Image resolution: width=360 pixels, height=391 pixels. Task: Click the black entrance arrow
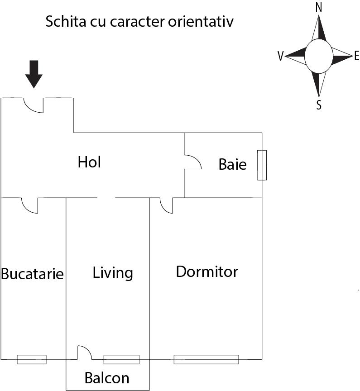click(34, 74)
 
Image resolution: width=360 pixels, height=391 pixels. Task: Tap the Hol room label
click(89, 162)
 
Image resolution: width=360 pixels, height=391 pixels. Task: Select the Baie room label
click(232, 164)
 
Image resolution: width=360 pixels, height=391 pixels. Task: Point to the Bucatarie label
click(32, 274)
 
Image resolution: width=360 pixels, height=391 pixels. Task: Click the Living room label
click(113, 273)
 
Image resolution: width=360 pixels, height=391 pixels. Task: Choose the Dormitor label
click(207, 272)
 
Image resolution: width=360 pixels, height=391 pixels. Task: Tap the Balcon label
click(107, 378)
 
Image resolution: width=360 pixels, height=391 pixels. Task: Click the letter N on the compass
click(318, 8)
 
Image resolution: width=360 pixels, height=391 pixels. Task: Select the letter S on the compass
click(319, 105)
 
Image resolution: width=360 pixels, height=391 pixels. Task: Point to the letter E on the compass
click(356, 56)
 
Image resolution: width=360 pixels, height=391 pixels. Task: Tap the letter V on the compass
click(281, 56)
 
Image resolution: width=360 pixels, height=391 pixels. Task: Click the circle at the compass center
click(319, 56)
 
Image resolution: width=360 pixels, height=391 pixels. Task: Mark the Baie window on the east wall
click(262, 165)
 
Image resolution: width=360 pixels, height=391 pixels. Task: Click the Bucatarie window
click(32, 359)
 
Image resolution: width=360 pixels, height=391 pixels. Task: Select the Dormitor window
click(206, 359)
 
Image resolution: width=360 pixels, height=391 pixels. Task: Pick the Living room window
click(121, 359)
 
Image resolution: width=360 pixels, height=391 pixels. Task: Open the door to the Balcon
click(84, 353)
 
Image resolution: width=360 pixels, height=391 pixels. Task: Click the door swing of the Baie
click(192, 162)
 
